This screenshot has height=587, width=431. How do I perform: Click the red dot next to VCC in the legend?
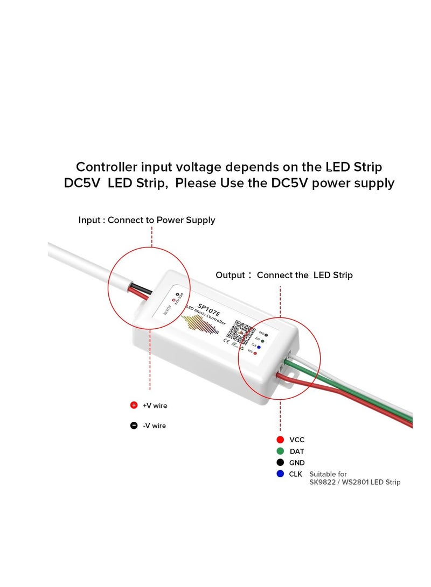(280, 440)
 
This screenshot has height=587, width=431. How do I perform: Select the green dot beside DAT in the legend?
(280, 451)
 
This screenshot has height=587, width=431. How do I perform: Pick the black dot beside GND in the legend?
(280, 463)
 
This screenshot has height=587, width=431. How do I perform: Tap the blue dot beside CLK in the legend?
(280, 474)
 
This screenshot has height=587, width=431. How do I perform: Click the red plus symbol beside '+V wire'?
(134, 405)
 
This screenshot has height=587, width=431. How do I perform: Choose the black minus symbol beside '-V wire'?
(134, 426)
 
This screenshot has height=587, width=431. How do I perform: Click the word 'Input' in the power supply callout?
(90, 220)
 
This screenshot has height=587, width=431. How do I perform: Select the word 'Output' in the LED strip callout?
(231, 275)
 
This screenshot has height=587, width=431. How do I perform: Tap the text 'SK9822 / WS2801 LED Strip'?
(354, 482)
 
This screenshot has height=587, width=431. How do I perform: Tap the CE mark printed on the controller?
(227, 340)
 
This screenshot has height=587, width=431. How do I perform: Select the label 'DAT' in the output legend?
(297, 451)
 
